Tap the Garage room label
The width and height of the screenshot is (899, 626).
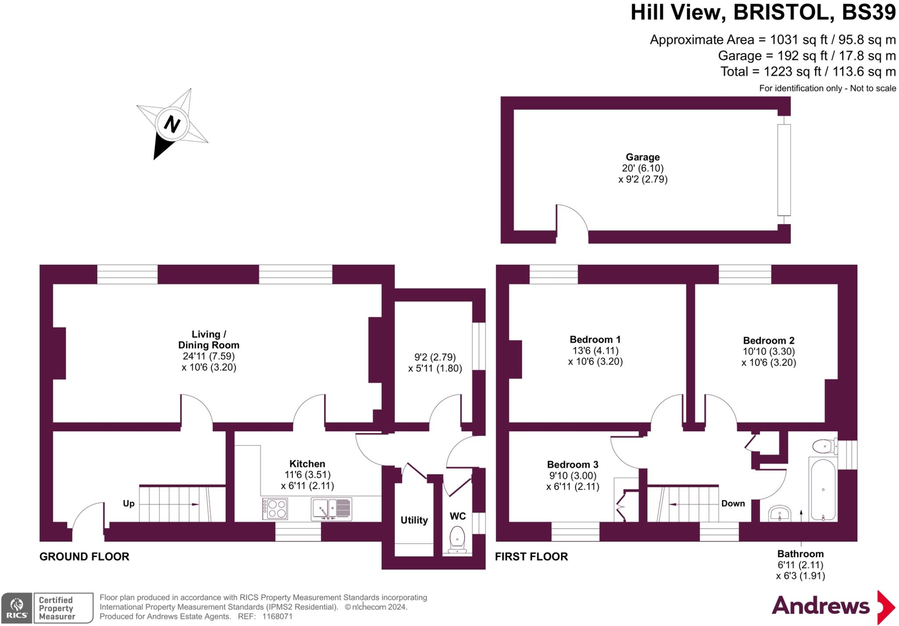pos(643,157)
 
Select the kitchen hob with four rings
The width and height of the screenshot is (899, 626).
pos(275,509)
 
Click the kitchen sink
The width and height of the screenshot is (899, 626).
pos(331,509)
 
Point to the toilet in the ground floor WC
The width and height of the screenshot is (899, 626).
pos(457,539)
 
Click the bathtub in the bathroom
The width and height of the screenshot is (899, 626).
pos(823,490)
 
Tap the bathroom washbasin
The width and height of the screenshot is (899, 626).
pos(780,513)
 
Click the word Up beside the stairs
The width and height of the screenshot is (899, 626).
pos(129,504)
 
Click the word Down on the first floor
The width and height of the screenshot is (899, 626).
pos(733,504)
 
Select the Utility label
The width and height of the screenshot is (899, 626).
pos(414,520)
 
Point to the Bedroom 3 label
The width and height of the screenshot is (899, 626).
pos(572,465)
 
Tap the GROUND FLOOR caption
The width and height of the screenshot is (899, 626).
pos(84,557)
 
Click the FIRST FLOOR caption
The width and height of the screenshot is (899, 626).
pos(531,557)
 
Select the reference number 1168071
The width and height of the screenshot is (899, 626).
pos(277,616)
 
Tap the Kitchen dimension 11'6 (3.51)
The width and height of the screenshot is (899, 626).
pos(307,475)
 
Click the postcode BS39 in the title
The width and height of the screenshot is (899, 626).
pos(868,12)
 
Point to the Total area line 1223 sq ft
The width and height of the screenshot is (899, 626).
pos(808,72)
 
